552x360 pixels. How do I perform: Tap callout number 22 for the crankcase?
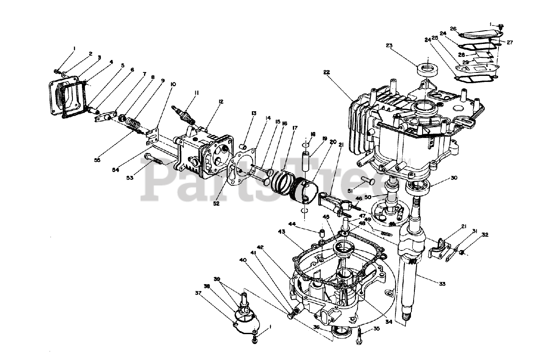point(326,72)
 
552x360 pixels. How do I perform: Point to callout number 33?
point(442,284)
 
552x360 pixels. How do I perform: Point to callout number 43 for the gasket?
point(282,232)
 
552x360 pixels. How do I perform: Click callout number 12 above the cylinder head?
point(221,102)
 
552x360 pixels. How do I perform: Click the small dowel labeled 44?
point(322,235)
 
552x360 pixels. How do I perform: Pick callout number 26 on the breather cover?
point(453,29)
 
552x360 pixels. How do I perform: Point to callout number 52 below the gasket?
point(216,203)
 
